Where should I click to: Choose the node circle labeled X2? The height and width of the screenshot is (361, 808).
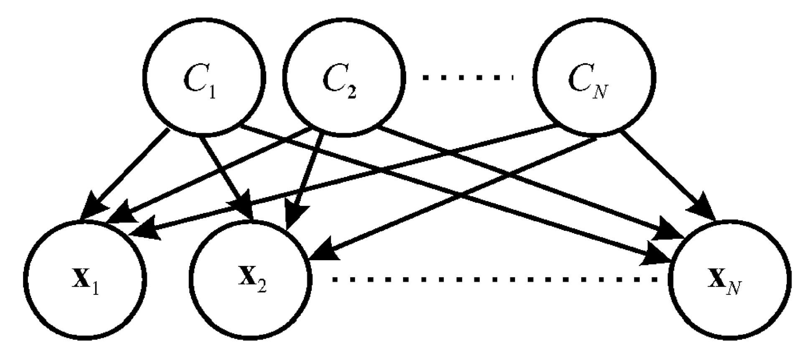251,278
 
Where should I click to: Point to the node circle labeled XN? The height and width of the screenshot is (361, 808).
729,278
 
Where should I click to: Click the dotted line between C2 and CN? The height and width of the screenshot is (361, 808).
468,77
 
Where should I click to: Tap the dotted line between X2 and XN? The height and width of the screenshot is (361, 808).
493,279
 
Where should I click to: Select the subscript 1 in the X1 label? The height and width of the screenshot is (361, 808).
96,289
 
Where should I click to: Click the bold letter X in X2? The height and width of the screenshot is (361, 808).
246,278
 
